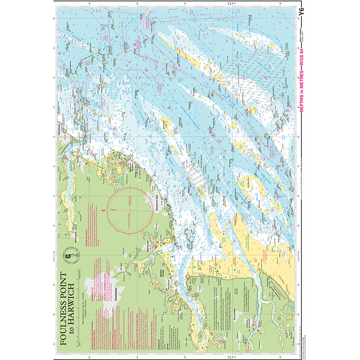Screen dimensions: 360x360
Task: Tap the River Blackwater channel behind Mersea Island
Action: (x=181, y=299)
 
